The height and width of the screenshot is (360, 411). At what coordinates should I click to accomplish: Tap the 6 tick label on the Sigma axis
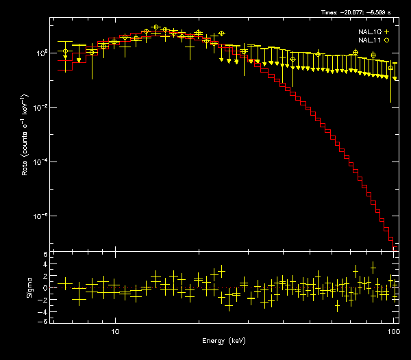coord(45,255)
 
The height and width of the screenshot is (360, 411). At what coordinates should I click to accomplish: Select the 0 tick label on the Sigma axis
coord(45,288)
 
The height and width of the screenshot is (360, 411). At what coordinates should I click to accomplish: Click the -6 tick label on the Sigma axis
coord(44,321)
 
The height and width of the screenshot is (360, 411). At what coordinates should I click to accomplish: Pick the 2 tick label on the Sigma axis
coord(45,277)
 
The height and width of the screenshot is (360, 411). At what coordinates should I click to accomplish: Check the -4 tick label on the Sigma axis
coord(44,310)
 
